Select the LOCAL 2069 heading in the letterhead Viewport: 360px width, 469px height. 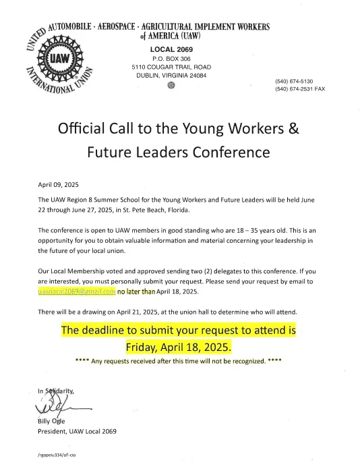(171, 50)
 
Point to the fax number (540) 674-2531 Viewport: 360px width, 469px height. (300, 88)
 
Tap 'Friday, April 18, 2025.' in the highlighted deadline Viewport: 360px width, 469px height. (178, 348)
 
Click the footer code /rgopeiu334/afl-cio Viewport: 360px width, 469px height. (58, 456)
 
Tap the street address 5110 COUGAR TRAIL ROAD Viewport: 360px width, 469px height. (171, 67)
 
